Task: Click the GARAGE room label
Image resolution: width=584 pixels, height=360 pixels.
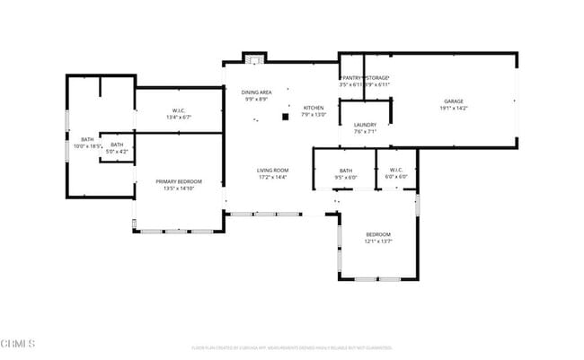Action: [x=453, y=101]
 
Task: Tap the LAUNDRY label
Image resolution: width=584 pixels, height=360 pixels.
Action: [x=364, y=124]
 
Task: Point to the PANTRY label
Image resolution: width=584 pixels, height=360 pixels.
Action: [x=350, y=78]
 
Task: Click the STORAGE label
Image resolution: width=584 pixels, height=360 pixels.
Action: [x=378, y=78]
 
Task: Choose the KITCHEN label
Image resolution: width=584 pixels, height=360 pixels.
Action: [x=313, y=107]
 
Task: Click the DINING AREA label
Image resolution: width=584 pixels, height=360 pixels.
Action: [x=255, y=92]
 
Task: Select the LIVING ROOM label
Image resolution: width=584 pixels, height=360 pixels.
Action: [x=272, y=170]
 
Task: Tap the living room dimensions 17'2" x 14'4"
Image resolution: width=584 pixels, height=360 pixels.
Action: [x=272, y=178]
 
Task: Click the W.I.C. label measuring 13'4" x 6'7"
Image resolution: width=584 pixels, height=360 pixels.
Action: [x=179, y=110]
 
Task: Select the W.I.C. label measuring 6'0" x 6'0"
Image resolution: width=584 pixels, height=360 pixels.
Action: [x=397, y=170]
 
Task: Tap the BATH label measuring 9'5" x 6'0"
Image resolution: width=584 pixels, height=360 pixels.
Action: [x=346, y=170]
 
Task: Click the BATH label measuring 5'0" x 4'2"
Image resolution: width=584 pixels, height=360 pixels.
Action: [x=117, y=145]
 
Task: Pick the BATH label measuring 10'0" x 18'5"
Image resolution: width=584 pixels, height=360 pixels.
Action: [x=87, y=139]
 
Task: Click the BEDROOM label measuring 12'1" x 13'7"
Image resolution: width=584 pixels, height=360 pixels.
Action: [x=377, y=234]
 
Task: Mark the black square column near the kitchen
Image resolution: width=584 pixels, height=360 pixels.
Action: [x=286, y=116]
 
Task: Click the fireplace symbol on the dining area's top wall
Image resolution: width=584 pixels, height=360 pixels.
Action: [x=255, y=60]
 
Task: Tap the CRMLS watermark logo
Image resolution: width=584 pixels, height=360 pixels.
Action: [x=18, y=343]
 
